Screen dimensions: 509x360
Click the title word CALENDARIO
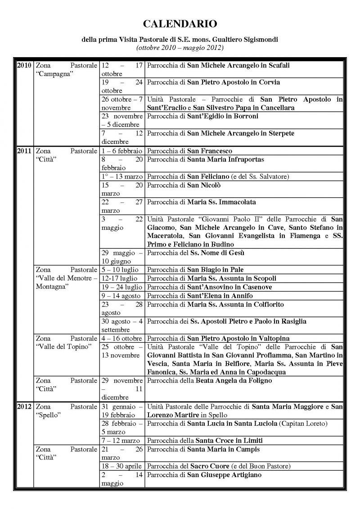(x=180, y=23)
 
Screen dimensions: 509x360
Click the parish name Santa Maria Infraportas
(x=226, y=159)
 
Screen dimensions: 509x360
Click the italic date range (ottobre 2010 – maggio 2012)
(x=180, y=47)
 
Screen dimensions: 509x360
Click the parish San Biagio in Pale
(x=216, y=270)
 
